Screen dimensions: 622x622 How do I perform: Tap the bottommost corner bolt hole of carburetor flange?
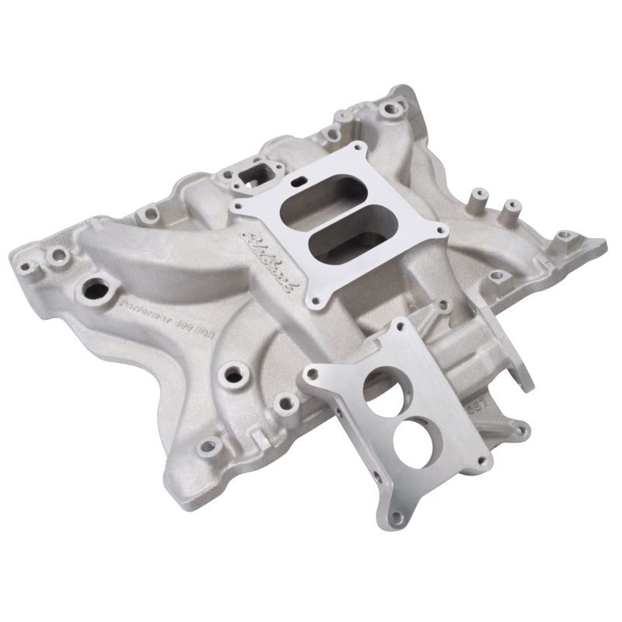coord(316,299)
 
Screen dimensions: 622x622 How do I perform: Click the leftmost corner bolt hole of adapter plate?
coord(309,375)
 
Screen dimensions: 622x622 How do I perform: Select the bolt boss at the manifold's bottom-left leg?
coord(208,446)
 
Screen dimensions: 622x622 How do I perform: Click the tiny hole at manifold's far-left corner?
coord(26,267)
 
